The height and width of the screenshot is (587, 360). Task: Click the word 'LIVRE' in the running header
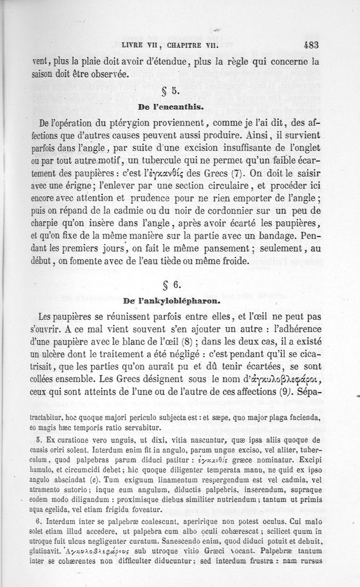point(133,45)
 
